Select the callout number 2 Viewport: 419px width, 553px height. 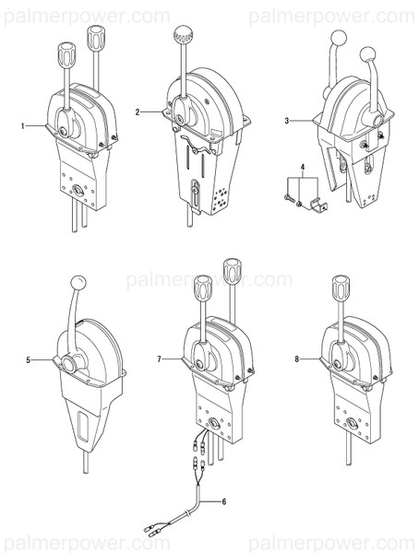coord(138,112)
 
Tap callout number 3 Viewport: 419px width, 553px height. coord(287,121)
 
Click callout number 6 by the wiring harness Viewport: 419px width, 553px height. coord(222,500)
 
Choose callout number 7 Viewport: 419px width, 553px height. coord(160,358)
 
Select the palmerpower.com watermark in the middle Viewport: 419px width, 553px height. coord(209,279)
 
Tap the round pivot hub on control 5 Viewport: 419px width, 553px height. coord(68,365)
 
